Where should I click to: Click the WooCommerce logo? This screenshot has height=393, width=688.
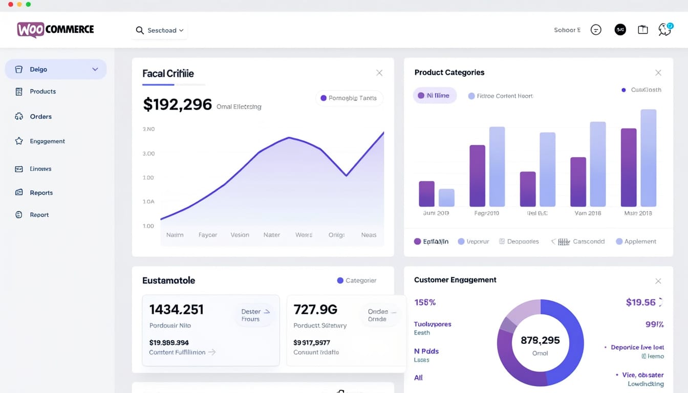point(55,30)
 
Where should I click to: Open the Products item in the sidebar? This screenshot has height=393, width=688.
point(42,92)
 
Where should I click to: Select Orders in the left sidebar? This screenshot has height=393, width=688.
point(40,117)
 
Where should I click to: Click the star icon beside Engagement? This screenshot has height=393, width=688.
point(19,141)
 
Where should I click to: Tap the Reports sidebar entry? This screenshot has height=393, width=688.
point(41,193)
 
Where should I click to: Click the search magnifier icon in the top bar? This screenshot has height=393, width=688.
point(140,31)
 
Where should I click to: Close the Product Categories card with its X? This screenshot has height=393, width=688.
point(658,73)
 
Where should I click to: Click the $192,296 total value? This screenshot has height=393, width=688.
point(177,104)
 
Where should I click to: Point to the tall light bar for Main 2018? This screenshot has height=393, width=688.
point(648,158)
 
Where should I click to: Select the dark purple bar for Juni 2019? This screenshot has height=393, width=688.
point(426,194)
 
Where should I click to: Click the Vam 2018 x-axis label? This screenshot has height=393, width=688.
point(588,213)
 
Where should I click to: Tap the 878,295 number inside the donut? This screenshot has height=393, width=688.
point(540,340)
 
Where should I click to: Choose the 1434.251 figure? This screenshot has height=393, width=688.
point(176,310)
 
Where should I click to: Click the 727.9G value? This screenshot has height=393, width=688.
point(315,310)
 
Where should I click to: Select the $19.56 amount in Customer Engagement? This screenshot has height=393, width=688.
point(640,302)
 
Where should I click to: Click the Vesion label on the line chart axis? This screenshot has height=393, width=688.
point(240,235)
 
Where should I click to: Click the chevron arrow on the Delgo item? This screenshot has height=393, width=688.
point(95,70)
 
